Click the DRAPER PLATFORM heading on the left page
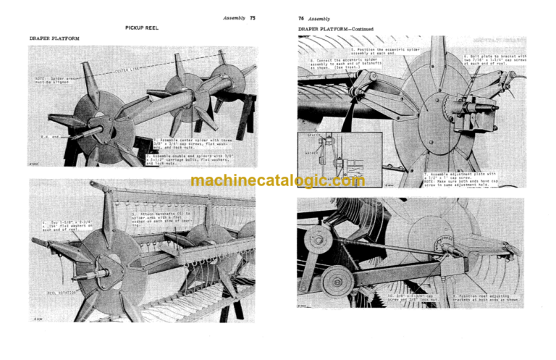tap(54, 37)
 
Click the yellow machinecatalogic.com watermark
tap(278, 181)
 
